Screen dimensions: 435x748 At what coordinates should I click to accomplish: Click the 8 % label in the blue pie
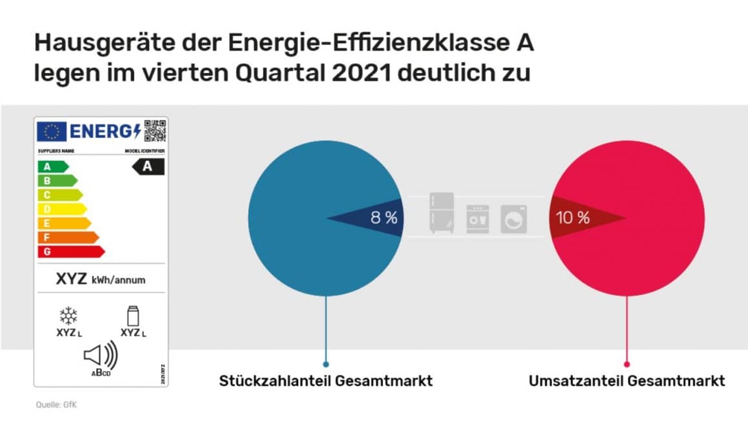[384, 218]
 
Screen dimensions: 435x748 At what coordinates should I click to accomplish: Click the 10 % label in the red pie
[573, 218]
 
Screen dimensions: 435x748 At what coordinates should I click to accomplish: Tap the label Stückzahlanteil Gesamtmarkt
[326, 381]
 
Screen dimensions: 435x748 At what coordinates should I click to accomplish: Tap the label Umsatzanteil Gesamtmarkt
[627, 381]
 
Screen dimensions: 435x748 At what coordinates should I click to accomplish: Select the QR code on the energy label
[155, 131]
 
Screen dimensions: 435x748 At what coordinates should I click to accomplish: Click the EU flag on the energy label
[52, 131]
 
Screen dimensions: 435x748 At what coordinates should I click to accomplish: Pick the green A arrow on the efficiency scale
[52, 166]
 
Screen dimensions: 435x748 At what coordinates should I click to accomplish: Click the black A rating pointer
[148, 166]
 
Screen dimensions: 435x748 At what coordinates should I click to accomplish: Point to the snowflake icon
[68, 316]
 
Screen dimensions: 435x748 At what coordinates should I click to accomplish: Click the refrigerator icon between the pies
[442, 213]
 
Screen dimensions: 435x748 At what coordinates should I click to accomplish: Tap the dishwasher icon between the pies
[478, 219]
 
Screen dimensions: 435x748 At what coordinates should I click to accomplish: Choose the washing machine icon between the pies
[514, 219]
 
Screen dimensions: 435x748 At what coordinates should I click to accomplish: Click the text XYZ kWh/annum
[101, 280]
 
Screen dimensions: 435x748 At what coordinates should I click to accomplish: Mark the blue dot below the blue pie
[326, 364]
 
